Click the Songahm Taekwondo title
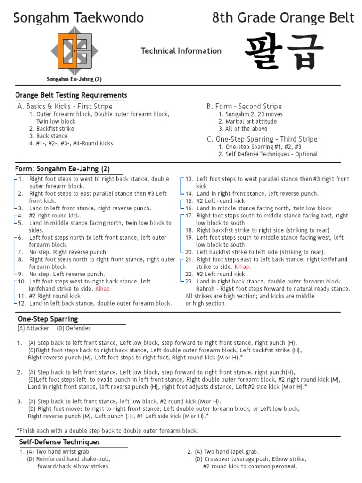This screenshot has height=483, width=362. pyautogui.click(x=78, y=18)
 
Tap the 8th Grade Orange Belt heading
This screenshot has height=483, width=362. pyautogui.click(x=283, y=18)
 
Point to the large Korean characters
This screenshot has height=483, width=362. pyautogui.click(x=284, y=52)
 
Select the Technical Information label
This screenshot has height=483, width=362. pyautogui.click(x=181, y=51)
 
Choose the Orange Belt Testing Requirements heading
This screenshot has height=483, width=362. pyautogui.click(x=71, y=95)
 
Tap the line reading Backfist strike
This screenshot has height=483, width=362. pyautogui.click(x=55, y=128)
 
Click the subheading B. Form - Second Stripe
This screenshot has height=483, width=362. pyautogui.click(x=244, y=106)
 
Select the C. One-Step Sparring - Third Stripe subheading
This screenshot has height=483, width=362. pyautogui.click(x=262, y=139)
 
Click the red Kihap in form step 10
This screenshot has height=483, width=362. pyautogui.click(x=103, y=289)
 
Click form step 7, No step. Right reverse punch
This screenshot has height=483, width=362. pyautogui.click(x=68, y=252)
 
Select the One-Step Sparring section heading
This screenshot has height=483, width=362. pyautogui.click(x=48, y=319)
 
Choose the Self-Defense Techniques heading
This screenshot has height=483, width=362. pyautogui.click(x=59, y=442)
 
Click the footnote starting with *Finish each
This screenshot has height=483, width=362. pyautogui.click(x=107, y=430)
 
